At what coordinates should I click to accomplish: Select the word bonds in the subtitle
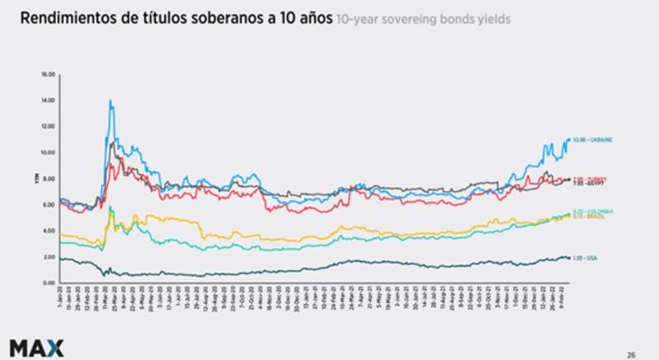[x=446, y=19]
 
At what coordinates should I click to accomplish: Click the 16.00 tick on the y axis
[x=48, y=74]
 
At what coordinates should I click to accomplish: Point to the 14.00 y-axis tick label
[x=48, y=101]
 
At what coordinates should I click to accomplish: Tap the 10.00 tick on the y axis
[x=48, y=152]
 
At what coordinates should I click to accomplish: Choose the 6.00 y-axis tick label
[x=48, y=205]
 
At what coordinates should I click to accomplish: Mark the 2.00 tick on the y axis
[x=48, y=257]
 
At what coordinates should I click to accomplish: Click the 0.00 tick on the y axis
[x=48, y=283]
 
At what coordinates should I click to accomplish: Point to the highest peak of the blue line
[x=110, y=101]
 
